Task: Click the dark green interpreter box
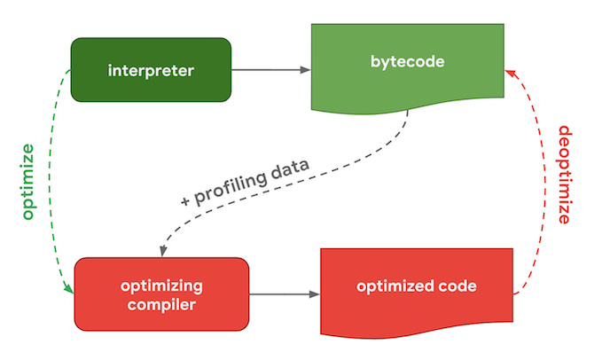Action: click(151, 70)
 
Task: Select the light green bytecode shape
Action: click(407, 67)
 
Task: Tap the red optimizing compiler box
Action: click(161, 294)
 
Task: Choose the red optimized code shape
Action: click(417, 292)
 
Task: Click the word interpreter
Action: click(151, 71)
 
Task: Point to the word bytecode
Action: click(407, 62)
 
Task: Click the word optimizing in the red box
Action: click(161, 286)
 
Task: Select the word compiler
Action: click(161, 305)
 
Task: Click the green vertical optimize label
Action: click(28, 182)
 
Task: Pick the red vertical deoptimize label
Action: click(565, 175)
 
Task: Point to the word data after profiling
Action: click(290, 168)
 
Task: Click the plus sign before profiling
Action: click(185, 200)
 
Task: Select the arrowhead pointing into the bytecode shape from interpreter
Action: click(305, 70)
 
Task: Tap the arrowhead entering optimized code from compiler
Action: click(315, 294)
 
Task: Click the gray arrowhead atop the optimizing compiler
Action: click(163, 251)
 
